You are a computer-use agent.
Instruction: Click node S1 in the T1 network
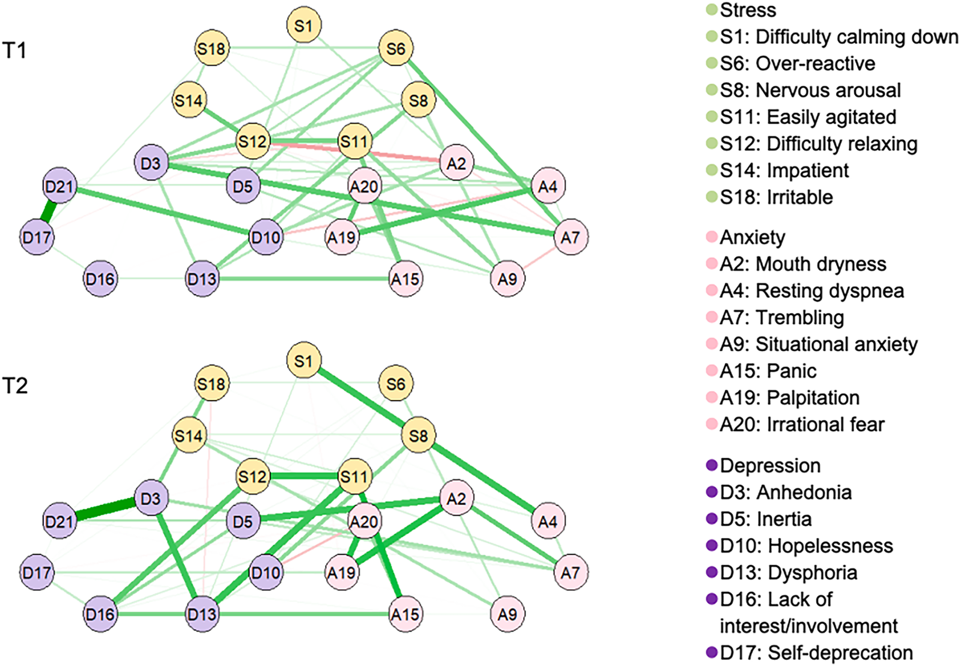pos(304,26)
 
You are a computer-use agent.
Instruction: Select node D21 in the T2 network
pos(59,521)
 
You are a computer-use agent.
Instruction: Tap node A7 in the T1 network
pos(570,238)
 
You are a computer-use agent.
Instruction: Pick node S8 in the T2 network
pos(418,436)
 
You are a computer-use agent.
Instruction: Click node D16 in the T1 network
pos(100,279)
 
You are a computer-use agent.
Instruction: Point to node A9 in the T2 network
pos(508,614)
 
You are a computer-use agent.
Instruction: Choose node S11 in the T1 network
pos(354,142)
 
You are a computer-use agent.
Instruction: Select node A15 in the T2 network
pos(405,614)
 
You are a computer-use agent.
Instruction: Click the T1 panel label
pos(15,50)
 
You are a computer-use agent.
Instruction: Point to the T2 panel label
pos(15,386)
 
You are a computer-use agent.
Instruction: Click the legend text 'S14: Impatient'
pos(784,171)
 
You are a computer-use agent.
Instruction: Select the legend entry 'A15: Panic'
pos(768,371)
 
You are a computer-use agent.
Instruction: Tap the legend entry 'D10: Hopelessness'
pos(806,546)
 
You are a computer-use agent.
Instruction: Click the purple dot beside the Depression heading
pos(712,465)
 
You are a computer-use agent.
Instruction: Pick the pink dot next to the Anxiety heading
pos(712,237)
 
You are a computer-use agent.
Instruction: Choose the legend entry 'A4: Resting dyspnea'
pos(812,291)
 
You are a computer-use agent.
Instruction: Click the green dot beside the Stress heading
pos(712,10)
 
